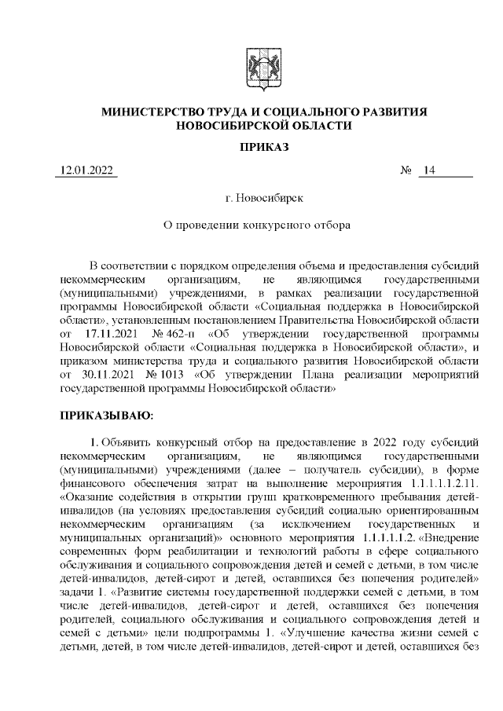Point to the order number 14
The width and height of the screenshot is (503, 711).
[428, 171]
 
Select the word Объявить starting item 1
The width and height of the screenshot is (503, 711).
[128, 440]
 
